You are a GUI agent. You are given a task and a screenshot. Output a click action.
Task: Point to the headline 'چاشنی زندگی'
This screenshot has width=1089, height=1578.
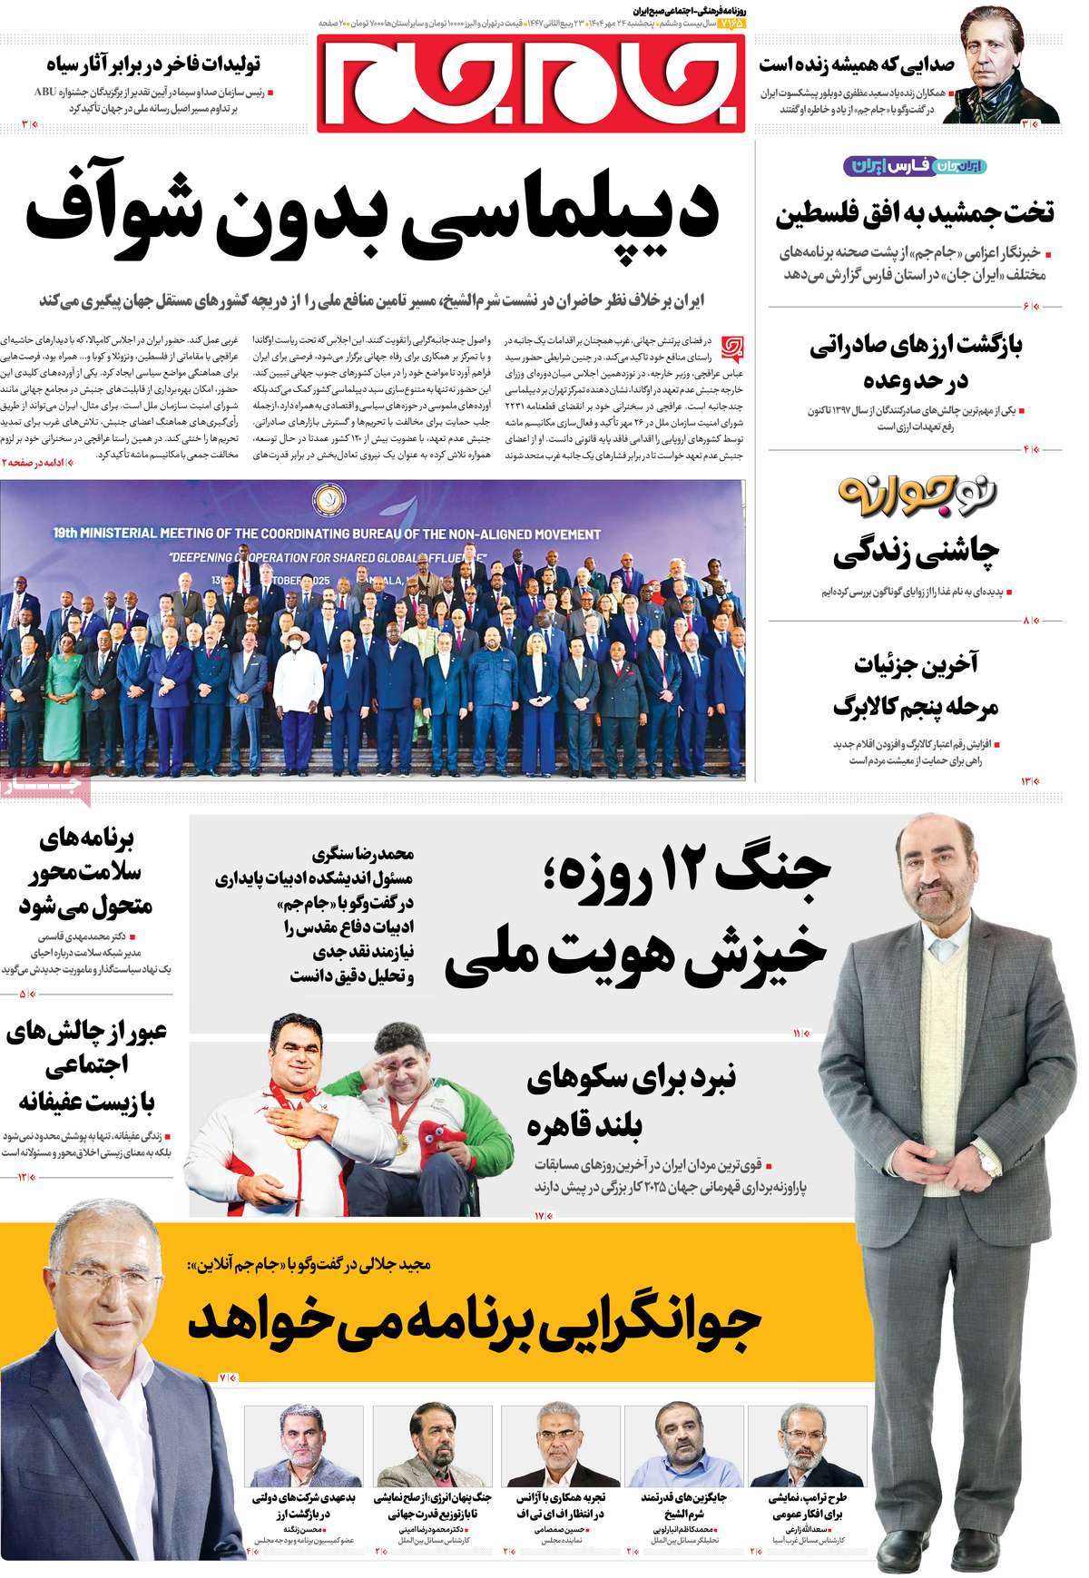916,551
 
